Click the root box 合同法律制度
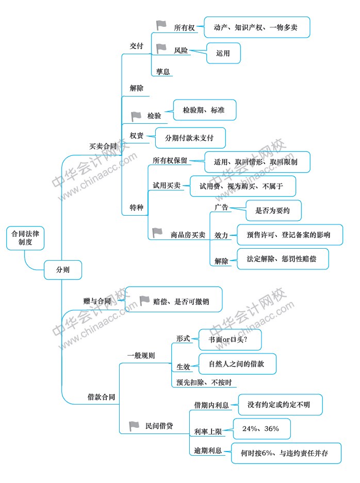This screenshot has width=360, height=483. pyautogui.click(x=25, y=238)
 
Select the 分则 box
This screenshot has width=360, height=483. pyautogui.click(x=63, y=270)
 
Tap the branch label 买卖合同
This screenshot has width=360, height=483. pyautogui.click(x=103, y=146)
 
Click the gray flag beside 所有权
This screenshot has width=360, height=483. pyautogui.click(x=161, y=25)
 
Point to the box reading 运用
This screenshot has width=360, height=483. pyautogui.click(x=223, y=53)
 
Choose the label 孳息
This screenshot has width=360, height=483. pyautogui.click(x=163, y=72)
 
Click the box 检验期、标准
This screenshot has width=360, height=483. pyautogui.click(x=205, y=110)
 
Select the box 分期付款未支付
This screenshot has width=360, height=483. pyautogui.click(x=190, y=138)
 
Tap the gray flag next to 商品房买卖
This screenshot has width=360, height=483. pyautogui.click(x=157, y=233)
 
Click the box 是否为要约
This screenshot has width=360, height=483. pyautogui.click(x=273, y=211)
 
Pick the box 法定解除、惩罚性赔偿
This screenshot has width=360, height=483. pyautogui.click(x=283, y=259)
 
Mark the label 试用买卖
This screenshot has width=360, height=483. pyautogui.click(x=167, y=185)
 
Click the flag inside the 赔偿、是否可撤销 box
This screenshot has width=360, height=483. pyautogui.click(x=144, y=301)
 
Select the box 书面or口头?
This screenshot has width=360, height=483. pyautogui.click(x=230, y=340)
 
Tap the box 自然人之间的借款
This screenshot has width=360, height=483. pyautogui.click(x=237, y=364)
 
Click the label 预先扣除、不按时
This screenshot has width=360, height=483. pyautogui.click(x=204, y=382)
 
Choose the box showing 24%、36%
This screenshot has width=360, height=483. pyautogui.click(x=262, y=429)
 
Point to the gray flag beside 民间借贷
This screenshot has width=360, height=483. pyautogui.click(x=134, y=426)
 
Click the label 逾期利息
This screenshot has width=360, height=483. pyautogui.click(x=208, y=450)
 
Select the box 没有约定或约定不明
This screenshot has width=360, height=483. pyautogui.click(x=280, y=405)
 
